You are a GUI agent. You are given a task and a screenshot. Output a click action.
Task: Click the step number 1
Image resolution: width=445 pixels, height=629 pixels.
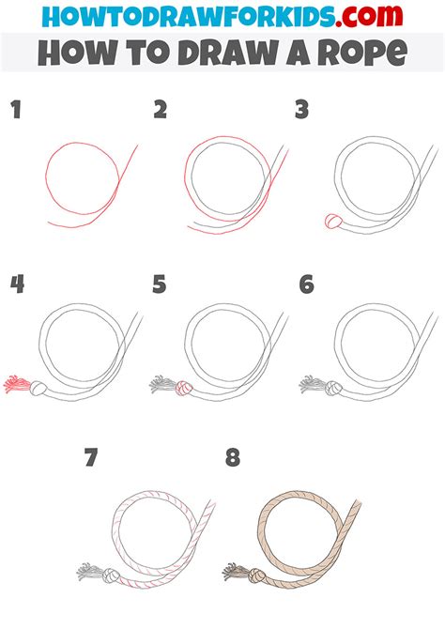[15, 112]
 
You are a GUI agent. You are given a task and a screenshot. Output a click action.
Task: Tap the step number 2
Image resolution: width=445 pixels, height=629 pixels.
[161, 112]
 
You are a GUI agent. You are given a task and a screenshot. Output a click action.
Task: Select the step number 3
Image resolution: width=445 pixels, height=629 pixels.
[302, 112]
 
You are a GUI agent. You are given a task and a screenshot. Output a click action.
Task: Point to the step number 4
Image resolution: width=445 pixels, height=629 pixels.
[16, 284]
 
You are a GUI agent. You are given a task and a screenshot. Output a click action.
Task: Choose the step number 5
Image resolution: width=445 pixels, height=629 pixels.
[161, 284]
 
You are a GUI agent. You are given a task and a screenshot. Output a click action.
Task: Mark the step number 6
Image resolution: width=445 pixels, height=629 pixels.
[306, 284]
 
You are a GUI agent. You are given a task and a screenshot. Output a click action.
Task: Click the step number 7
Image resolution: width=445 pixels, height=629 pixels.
[90, 458]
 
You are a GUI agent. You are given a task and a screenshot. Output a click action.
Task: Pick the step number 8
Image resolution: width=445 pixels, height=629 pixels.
[233, 458]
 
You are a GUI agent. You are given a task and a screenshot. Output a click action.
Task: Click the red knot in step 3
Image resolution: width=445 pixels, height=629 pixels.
[332, 222]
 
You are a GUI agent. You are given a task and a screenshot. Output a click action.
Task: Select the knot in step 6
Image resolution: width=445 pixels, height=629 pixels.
[333, 385]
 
